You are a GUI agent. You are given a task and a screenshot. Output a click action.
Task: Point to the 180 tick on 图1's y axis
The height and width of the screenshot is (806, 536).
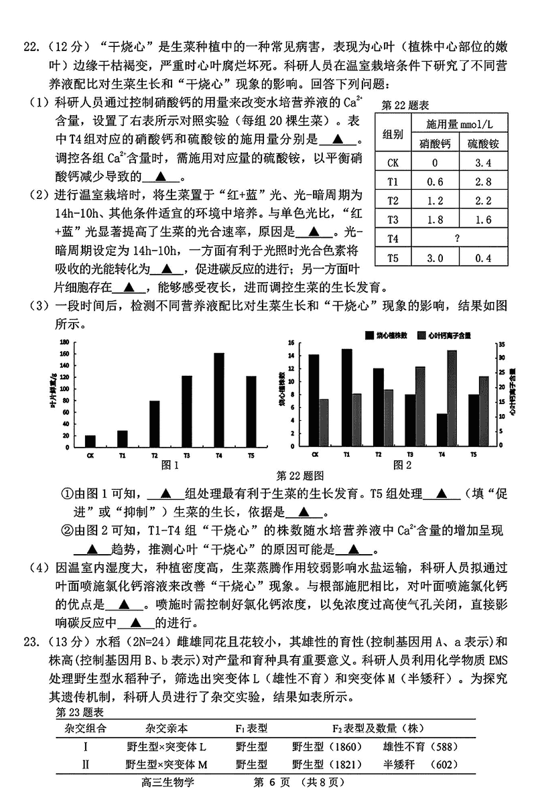(65, 342)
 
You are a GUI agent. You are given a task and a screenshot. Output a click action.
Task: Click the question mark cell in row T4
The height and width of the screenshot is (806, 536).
(456, 239)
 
